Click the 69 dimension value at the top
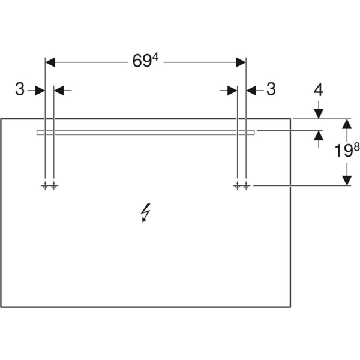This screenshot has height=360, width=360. (142, 61)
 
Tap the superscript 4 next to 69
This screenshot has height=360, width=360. (155, 58)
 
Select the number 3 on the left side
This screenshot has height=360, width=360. (20, 89)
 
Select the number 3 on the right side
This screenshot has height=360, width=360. (271, 89)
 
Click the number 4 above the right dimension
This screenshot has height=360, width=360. (319, 90)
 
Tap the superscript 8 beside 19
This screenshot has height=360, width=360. (356, 146)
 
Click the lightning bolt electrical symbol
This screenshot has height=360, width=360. (146, 212)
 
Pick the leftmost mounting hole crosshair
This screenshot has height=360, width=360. (45, 185)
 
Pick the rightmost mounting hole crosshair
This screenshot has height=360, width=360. (246, 185)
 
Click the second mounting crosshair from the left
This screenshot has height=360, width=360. (54, 185)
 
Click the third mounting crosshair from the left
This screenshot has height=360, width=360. (237, 185)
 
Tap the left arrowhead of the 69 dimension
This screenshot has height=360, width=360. (50, 62)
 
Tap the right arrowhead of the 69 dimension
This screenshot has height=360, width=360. (241, 62)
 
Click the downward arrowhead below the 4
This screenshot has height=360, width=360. (319, 114)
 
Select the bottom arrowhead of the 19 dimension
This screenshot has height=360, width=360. (347, 180)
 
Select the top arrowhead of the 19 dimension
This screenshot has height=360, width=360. (347, 124)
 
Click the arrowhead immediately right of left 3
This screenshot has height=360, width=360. (40, 91)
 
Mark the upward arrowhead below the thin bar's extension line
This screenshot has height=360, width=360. (319, 136)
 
